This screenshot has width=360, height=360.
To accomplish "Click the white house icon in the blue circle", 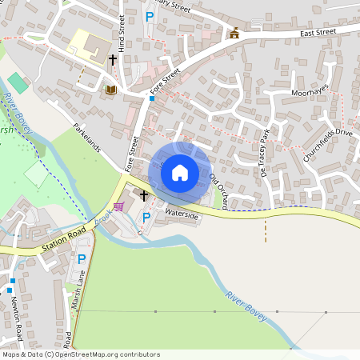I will coord(180,172).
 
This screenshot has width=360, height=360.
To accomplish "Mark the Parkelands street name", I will coord(87,136).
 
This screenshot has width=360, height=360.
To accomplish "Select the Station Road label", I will coord(65,242).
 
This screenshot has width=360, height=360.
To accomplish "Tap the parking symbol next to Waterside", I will coord(146,218).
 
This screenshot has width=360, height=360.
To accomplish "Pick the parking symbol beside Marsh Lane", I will coord(81,259).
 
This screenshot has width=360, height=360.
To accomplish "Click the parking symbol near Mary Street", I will coord(149,16).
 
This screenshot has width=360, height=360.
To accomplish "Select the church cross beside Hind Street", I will coord(113,59).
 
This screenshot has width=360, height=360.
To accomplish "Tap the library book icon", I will coord(110,90).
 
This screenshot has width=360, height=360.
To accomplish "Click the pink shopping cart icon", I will coord(118,206).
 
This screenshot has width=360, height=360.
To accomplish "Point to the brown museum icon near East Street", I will coord(234,33).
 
